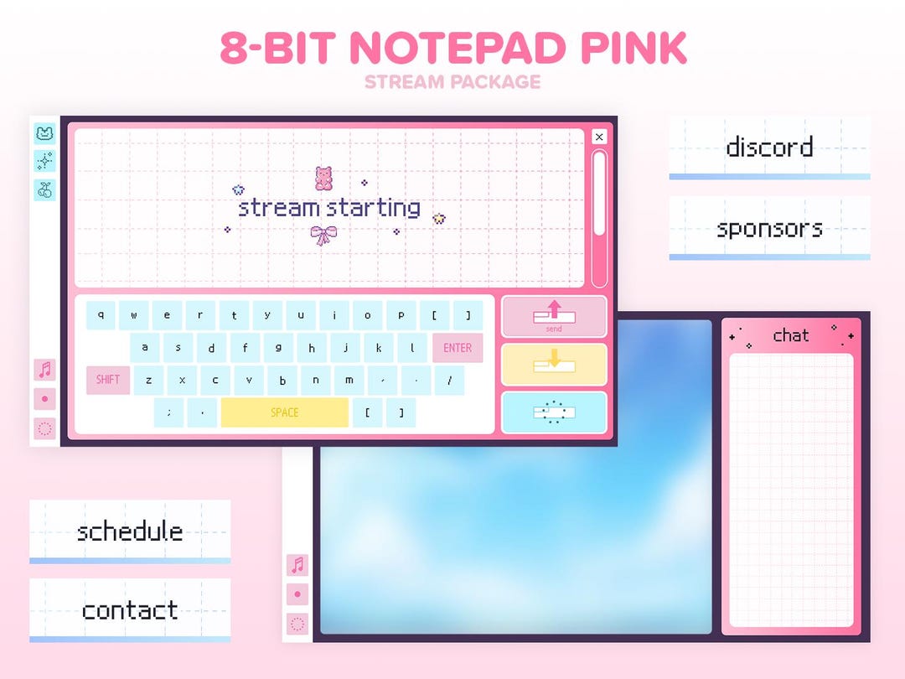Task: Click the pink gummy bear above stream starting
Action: tap(323, 178)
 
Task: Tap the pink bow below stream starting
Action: tap(323, 236)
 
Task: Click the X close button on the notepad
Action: tap(598, 137)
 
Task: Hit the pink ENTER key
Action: tap(458, 348)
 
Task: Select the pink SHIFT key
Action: tap(108, 380)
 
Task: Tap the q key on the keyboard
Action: tap(101, 316)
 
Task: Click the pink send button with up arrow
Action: tap(554, 316)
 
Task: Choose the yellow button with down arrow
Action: tap(554, 364)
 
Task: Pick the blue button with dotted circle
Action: tap(554, 412)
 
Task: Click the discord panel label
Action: tap(769, 148)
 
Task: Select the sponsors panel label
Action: tap(769, 228)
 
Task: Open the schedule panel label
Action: tap(130, 531)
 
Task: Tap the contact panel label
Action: tap(130, 609)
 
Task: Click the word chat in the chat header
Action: tap(791, 335)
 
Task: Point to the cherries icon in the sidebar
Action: tap(44, 189)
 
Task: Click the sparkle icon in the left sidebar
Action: tap(44, 161)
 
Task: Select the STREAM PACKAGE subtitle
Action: tap(452, 82)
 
